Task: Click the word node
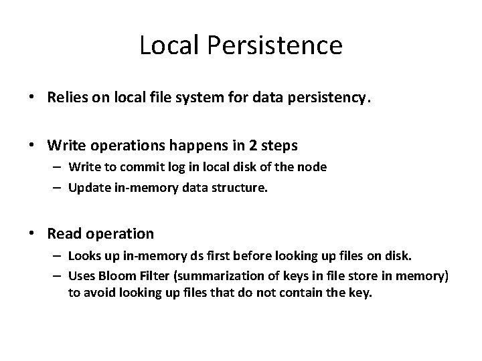tap(313, 167)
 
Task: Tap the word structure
tap(240, 188)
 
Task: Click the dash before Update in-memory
tap(58, 188)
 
